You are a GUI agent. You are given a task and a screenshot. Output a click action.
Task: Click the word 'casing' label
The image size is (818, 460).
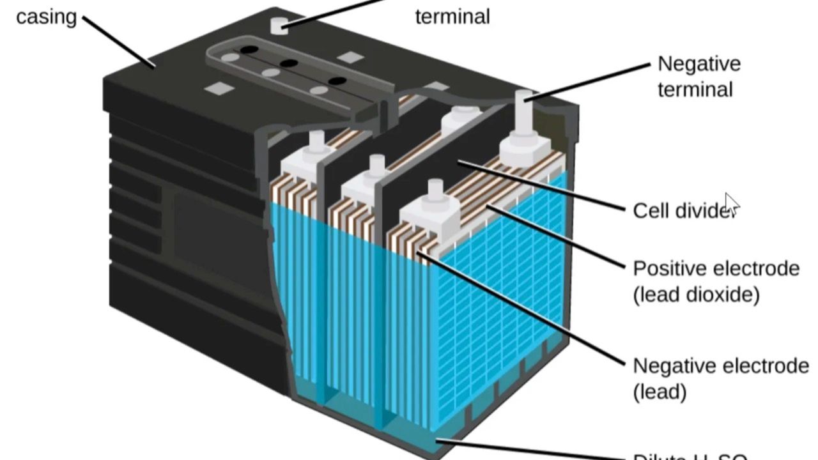tap(46, 17)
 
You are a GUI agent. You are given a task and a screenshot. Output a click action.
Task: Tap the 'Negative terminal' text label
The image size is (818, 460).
tap(699, 77)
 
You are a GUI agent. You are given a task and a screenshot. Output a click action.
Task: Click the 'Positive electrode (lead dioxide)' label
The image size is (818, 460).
tap(716, 282)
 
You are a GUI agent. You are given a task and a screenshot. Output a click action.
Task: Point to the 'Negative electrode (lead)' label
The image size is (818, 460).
tap(720, 379)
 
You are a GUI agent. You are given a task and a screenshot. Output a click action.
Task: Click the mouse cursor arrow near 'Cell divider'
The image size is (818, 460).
tap(731, 205)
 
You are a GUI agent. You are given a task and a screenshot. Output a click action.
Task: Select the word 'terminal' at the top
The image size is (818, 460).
tap(452, 17)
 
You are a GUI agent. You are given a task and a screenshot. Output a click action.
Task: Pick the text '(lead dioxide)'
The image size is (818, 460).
tap(696, 296)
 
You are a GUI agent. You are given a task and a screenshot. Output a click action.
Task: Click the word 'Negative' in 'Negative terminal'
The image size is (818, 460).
tap(699, 64)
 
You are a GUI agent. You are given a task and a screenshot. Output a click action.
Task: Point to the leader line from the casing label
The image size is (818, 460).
tap(119, 42)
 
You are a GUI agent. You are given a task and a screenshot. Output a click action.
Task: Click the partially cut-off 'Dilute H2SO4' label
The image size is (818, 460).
tap(690, 456)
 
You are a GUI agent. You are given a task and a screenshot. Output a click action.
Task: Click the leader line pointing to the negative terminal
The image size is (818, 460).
tap(591, 80)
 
